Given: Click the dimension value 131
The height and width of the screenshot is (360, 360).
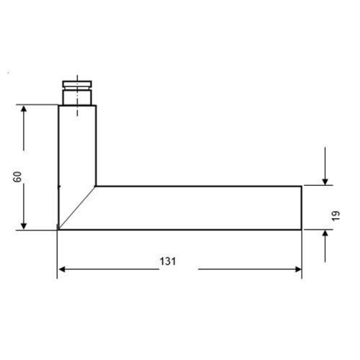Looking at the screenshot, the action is [x=168, y=261].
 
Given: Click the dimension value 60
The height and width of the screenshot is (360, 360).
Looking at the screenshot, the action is [x=17, y=177].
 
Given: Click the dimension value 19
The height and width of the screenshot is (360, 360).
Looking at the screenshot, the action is [x=336, y=215].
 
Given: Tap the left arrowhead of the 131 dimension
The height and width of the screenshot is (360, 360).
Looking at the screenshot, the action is [x=62, y=269].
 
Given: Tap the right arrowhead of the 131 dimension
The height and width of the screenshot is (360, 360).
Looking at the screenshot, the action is [x=298, y=269].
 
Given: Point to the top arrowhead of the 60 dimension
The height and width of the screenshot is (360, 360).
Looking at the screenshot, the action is [x=24, y=109].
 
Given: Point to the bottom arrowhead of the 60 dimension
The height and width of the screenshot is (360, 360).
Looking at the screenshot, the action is [x=24, y=226].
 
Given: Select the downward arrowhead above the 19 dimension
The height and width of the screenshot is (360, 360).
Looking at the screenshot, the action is [x=325, y=182].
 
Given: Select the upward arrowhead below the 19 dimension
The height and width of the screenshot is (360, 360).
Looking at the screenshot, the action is [x=325, y=233].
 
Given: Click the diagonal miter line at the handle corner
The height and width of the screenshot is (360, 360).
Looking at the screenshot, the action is [x=77, y=208].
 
